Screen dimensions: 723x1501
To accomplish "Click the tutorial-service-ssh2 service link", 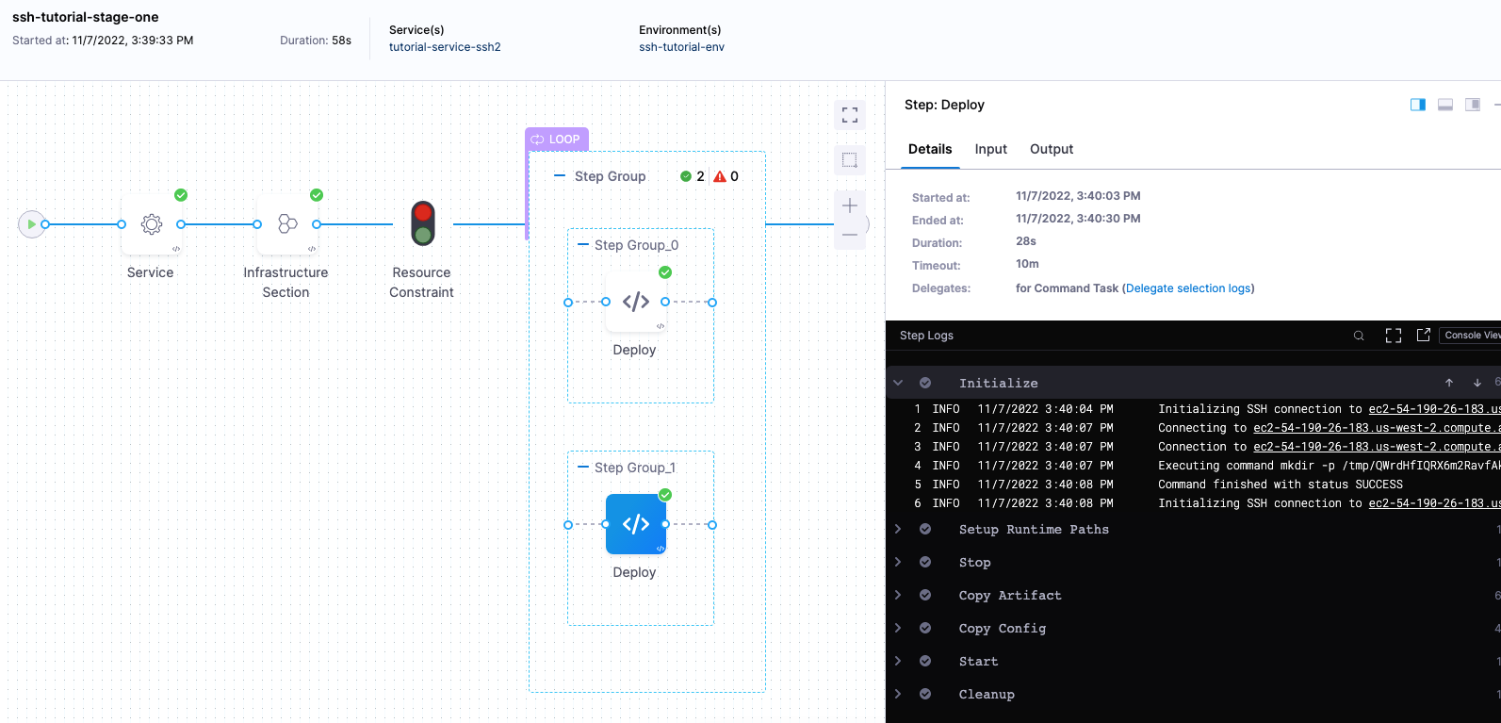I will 445,47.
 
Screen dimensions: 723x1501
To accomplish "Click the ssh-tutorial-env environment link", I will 681,47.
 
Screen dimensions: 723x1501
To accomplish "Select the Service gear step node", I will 152,224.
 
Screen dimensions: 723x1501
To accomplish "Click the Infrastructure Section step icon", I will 287,224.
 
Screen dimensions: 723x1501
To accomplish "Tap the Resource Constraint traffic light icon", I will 423,223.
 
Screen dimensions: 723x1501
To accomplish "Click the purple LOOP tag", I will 556,140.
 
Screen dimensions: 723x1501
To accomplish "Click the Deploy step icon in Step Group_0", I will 636,302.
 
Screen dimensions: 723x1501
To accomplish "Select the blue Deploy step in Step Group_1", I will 636,524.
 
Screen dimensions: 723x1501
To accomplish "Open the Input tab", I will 990,149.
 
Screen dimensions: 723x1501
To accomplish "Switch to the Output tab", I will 1052,149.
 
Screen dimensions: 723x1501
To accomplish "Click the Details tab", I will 930,149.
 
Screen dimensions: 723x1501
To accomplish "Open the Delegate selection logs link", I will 1188,288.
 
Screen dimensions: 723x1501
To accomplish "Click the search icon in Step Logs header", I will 1359,336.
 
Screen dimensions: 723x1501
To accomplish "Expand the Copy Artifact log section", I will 1009,596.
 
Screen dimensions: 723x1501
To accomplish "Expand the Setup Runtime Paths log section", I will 1033,530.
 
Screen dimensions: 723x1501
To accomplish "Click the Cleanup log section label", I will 987,695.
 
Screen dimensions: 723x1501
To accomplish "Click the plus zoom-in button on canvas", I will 850,205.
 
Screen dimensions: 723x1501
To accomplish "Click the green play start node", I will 31,224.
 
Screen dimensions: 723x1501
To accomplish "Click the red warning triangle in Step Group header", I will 720,176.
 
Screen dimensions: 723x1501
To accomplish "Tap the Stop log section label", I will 974,563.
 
